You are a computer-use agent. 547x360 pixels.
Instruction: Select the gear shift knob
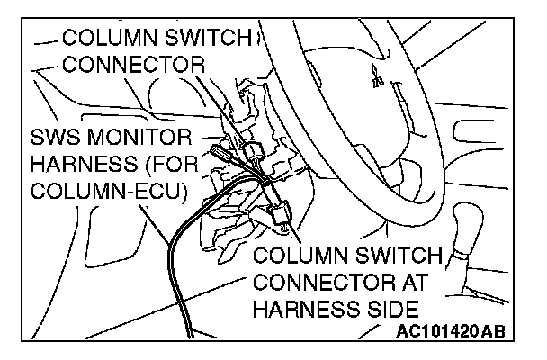[x=475, y=225]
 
